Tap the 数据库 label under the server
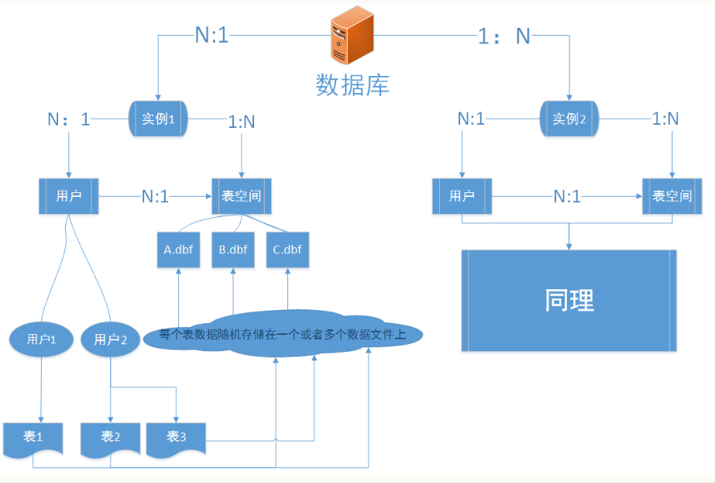pyautogui.click(x=352, y=84)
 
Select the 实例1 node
pyautogui.click(x=159, y=119)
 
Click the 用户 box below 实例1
pyautogui.click(x=69, y=196)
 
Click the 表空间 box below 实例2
pyautogui.click(x=672, y=196)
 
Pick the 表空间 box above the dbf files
pyautogui.click(x=242, y=196)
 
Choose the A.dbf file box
pyautogui.click(x=178, y=250)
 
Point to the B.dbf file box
pyautogui.click(x=233, y=250)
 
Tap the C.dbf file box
pyautogui.click(x=287, y=250)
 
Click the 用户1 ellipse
pyautogui.click(x=40, y=340)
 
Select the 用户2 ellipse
pyautogui.click(x=110, y=340)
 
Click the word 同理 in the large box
pyautogui.click(x=569, y=300)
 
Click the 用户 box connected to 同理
pyautogui.click(x=462, y=196)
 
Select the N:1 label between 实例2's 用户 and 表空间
pyautogui.click(x=566, y=196)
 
